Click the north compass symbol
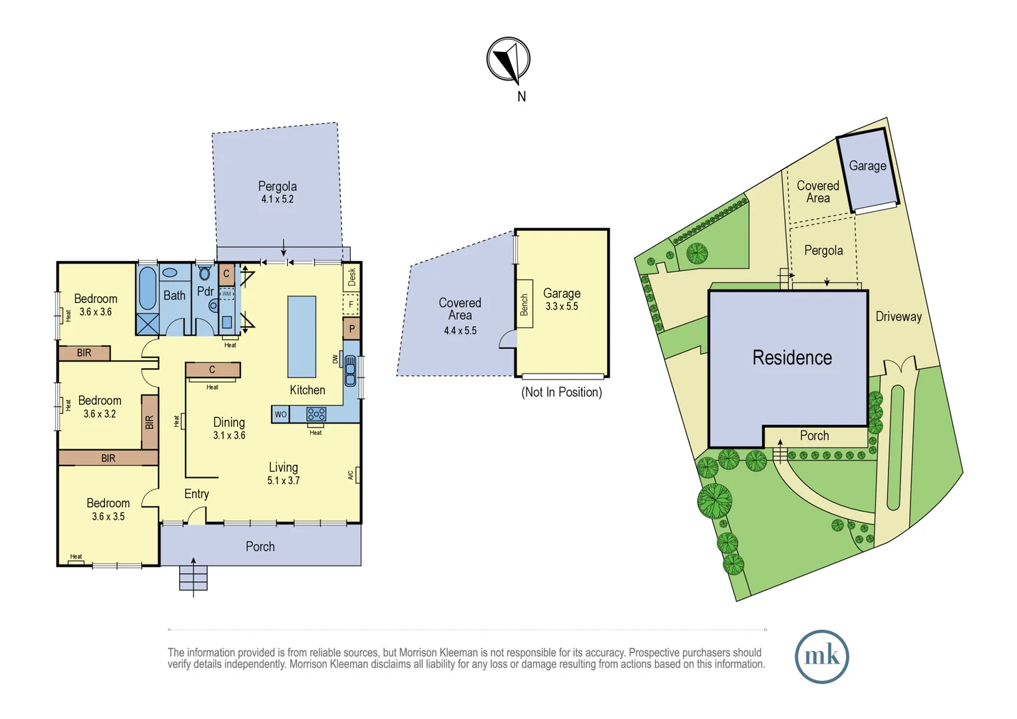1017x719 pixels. tap(508, 60)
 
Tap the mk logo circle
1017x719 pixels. tap(821, 656)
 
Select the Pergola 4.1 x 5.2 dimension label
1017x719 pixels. tap(278, 199)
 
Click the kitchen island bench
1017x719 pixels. tap(302, 336)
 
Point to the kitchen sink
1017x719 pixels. tap(350, 371)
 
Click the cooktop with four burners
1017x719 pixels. tap(316, 414)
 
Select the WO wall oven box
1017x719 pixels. tap(281, 414)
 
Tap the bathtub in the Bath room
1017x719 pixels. tap(148, 288)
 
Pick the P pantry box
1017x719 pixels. tap(351, 328)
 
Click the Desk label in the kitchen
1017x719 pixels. tap(351, 276)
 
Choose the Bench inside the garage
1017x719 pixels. tap(524, 304)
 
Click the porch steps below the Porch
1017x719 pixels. tap(193, 578)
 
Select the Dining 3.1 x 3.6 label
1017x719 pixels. tap(229, 428)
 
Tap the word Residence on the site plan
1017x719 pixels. tap(792, 358)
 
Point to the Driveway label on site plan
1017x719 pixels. tap(899, 317)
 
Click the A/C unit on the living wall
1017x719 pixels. tap(357, 475)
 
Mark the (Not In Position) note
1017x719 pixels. tap(561, 392)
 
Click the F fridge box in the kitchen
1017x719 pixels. tap(351, 305)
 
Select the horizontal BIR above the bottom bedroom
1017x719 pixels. tap(108, 458)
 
